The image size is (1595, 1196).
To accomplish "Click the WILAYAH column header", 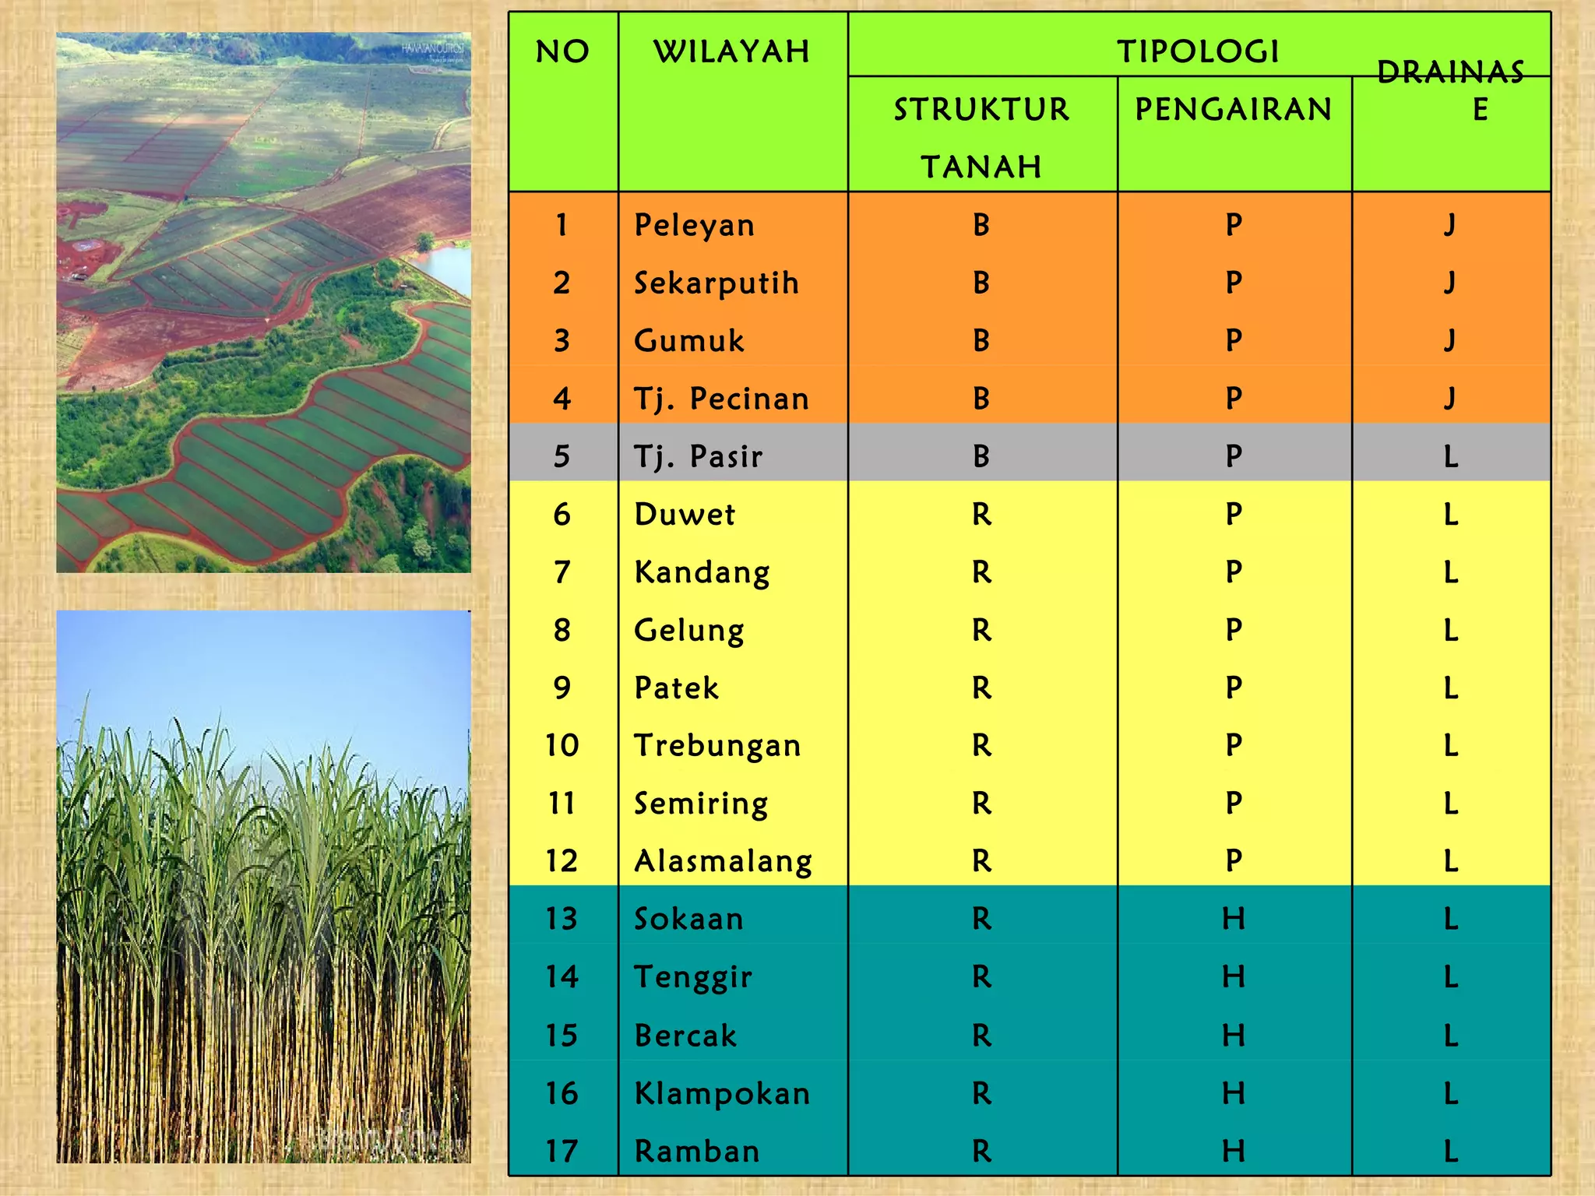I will point(731,52).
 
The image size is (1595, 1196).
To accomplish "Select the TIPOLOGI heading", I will point(1198,52).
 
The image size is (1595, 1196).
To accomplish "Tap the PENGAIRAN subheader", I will point(1234,110).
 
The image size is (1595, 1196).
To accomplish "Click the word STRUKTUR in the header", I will point(981,110).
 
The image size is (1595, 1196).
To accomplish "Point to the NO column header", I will point(562,52).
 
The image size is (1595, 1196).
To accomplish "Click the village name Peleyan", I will point(694,225).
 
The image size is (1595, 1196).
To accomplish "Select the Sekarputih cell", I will point(716,283).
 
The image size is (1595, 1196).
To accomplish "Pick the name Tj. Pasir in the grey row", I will point(698,456).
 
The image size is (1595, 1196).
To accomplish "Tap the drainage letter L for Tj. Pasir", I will point(1450,456).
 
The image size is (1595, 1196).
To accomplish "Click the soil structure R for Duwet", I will point(981,515).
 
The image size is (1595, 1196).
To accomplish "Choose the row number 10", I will point(562,746).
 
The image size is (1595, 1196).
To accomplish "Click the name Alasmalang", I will point(723,861).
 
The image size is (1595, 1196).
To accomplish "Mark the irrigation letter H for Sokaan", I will point(1233,920).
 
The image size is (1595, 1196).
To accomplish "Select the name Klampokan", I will point(722,1093).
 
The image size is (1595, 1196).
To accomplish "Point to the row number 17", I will point(562,1151).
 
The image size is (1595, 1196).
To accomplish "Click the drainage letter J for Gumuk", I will point(1449,341).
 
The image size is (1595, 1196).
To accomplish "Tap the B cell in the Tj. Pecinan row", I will point(981,399).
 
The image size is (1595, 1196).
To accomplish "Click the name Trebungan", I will point(717,746).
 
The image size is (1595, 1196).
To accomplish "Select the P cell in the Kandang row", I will point(1233,572).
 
